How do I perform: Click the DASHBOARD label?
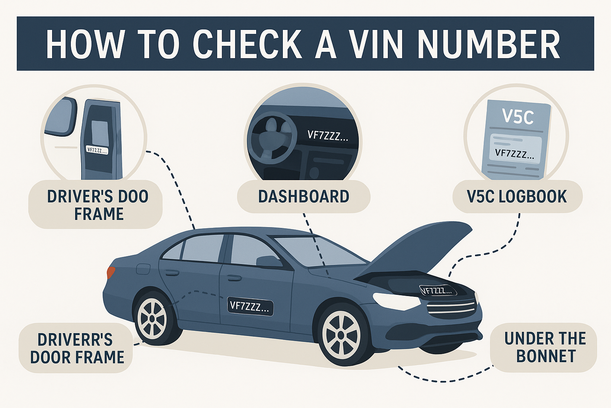pos(304,196)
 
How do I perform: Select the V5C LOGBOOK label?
pos(517,196)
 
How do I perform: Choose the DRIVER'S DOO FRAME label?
pos(97,205)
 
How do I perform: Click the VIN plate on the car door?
pos(250,306)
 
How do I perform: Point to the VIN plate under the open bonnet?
pos(438,290)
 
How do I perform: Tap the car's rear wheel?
pos(152,318)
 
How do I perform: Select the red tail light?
pos(111,273)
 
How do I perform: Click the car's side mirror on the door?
pos(269,261)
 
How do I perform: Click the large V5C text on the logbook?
pos(518,116)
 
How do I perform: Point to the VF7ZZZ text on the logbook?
pos(514,153)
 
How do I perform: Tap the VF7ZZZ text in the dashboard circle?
pos(327,136)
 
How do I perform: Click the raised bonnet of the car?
pos(422,247)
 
